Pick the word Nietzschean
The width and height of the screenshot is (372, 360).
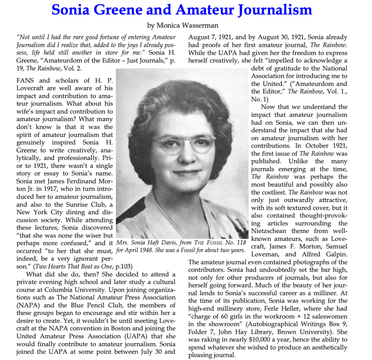tap(268, 231)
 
